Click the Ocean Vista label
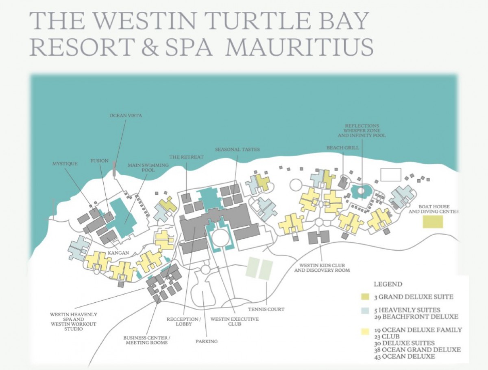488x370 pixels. [x=126, y=116]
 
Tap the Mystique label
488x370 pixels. [x=65, y=164]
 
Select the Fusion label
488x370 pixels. [x=99, y=161]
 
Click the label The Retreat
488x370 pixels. [x=187, y=156]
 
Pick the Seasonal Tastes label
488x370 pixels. [x=238, y=150]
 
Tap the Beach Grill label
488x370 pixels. [x=343, y=148]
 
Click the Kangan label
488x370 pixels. [x=119, y=253]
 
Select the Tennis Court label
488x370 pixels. [x=266, y=309]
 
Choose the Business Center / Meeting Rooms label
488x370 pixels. [x=147, y=340]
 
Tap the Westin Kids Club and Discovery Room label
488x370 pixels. [x=322, y=267]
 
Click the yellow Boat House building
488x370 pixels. [x=433, y=222]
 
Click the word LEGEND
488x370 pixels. [x=388, y=284]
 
